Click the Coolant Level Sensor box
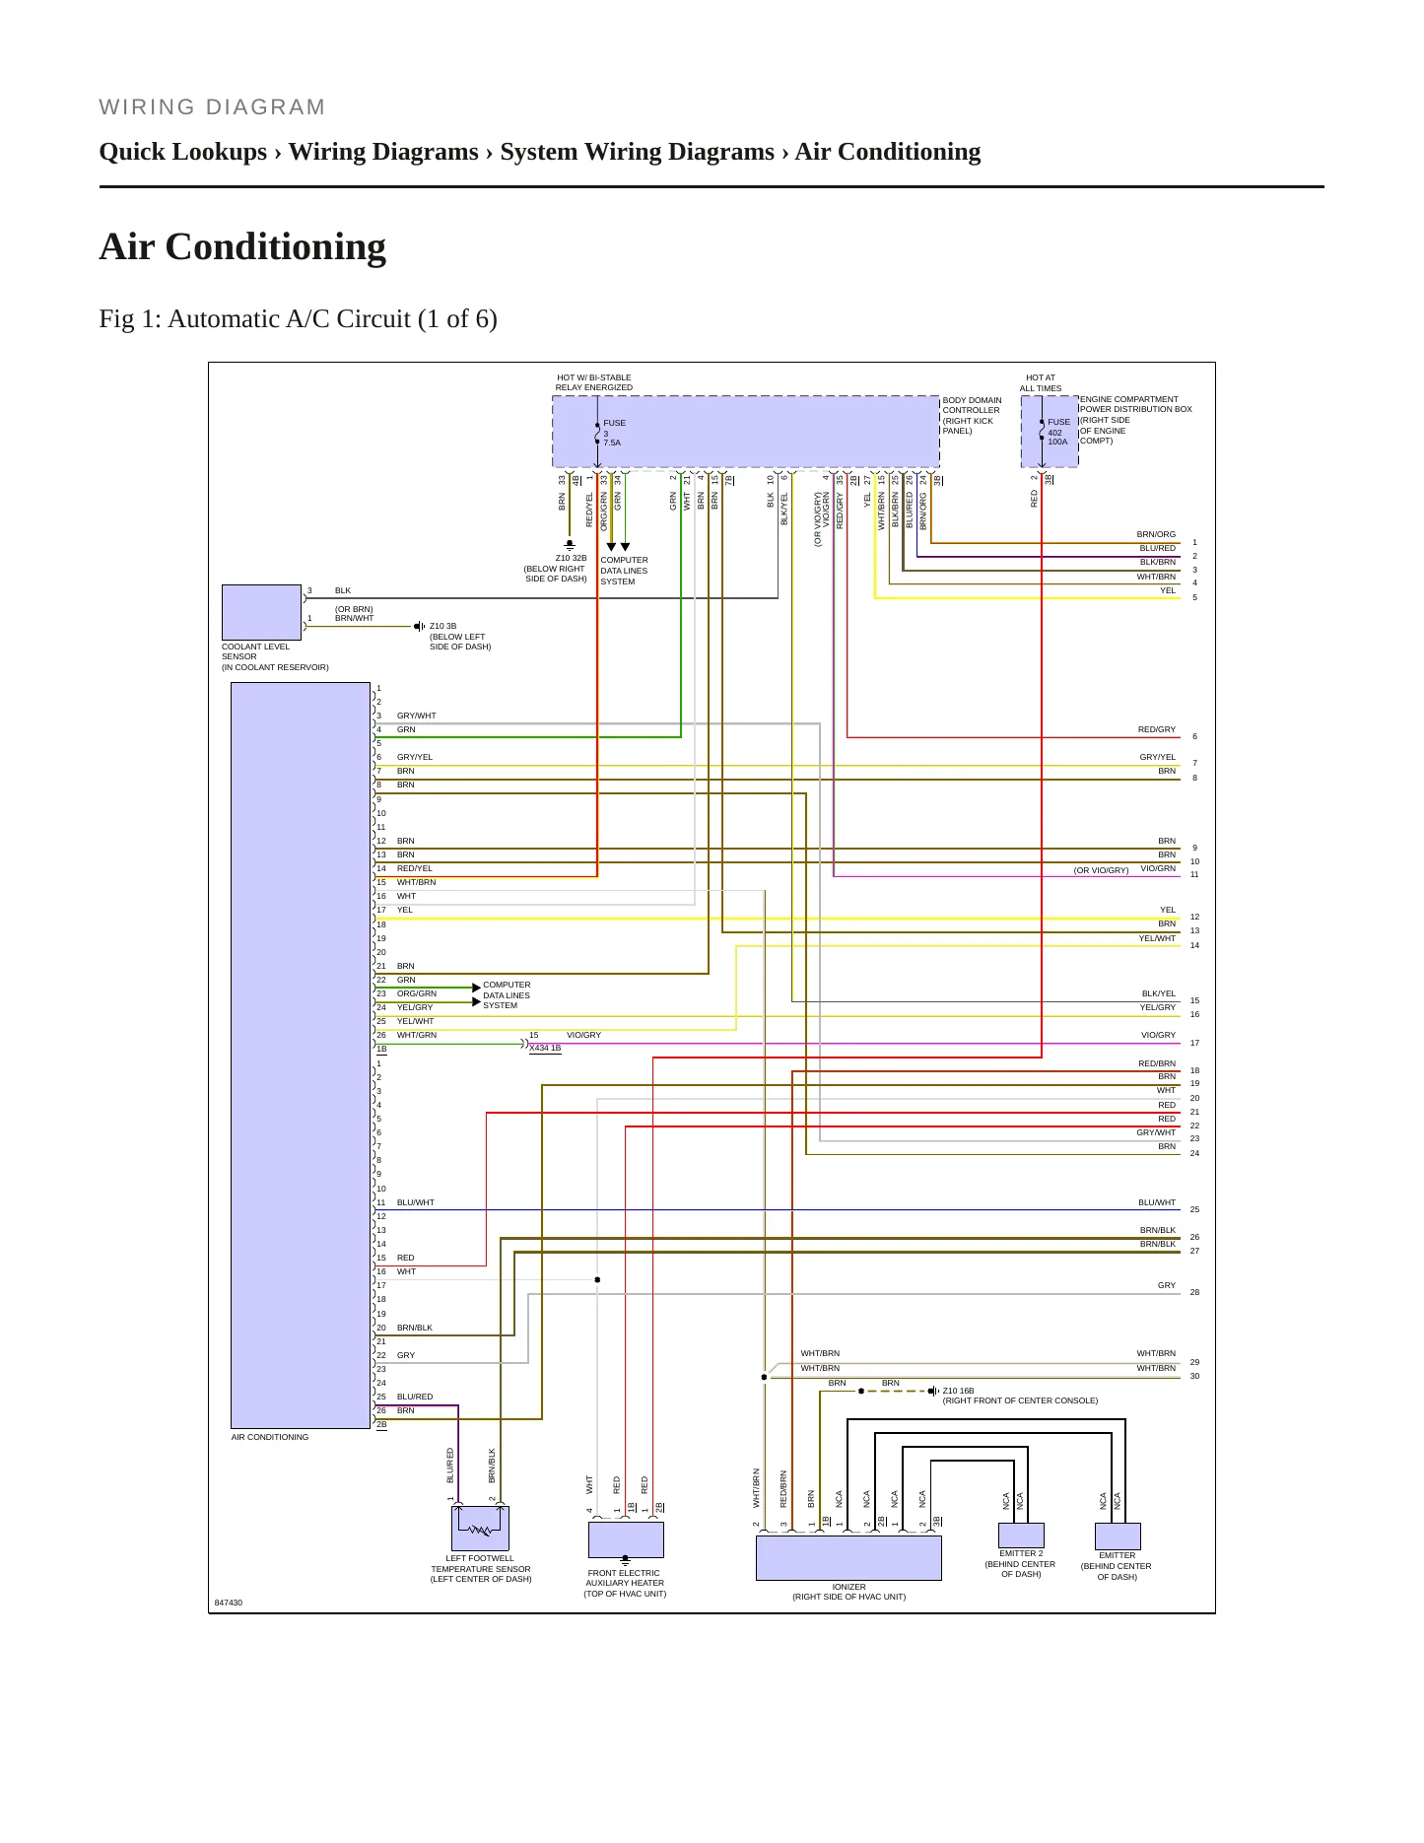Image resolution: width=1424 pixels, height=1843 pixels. pos(261,612)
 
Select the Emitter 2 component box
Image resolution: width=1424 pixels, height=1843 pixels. pos(1021,1536)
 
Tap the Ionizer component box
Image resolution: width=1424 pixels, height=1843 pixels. pos(848,1558)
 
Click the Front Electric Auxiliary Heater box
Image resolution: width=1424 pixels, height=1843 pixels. pos(626,1539)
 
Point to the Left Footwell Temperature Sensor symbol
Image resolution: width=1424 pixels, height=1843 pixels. pos(480,1529)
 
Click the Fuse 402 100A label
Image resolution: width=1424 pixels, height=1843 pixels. pos(1058,432)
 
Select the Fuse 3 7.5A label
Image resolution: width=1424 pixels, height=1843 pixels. pos(614,433)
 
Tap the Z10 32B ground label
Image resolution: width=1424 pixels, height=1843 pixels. pos(571,558)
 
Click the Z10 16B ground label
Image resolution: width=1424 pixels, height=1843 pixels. pos(958,1391)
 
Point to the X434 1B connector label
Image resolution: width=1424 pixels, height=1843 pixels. pos(545,1048)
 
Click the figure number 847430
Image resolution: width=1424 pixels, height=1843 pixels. pos(229,1603)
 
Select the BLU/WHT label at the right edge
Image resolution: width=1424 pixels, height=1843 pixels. pos(1157,1202)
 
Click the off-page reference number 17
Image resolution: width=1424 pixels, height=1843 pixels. pos(1194,1043)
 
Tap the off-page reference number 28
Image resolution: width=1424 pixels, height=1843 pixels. pos(1194,1292)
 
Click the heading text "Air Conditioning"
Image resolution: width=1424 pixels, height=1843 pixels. pos(242,246)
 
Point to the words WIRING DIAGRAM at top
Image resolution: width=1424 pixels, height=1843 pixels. pos(212,107)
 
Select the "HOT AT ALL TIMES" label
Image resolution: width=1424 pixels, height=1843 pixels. pos(1041,382)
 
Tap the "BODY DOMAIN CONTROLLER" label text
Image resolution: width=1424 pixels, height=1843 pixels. pos(972,405)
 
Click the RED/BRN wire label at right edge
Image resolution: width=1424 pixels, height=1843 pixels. pos(1157,1063)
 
